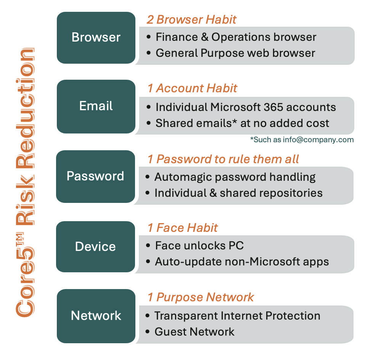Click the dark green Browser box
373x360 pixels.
tap(96, 38)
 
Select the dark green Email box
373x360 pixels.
tap(96, 106)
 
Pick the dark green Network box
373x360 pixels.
tap(96, 316)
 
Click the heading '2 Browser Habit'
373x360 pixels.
tap(191, 19)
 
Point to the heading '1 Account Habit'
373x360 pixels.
tap(192, 88)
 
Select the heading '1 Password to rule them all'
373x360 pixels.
tap(223, 159)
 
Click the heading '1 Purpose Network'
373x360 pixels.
tap(201, 297)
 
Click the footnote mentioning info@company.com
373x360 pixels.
tap(302, 140)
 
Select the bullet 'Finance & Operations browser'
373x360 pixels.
tap(236, 37)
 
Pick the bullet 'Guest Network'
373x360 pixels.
tap(194, 332)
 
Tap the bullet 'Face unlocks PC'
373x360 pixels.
tap(199, 246)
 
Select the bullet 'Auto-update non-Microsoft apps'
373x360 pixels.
tap(242, 262)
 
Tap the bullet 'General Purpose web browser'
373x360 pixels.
tap(235, 53)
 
